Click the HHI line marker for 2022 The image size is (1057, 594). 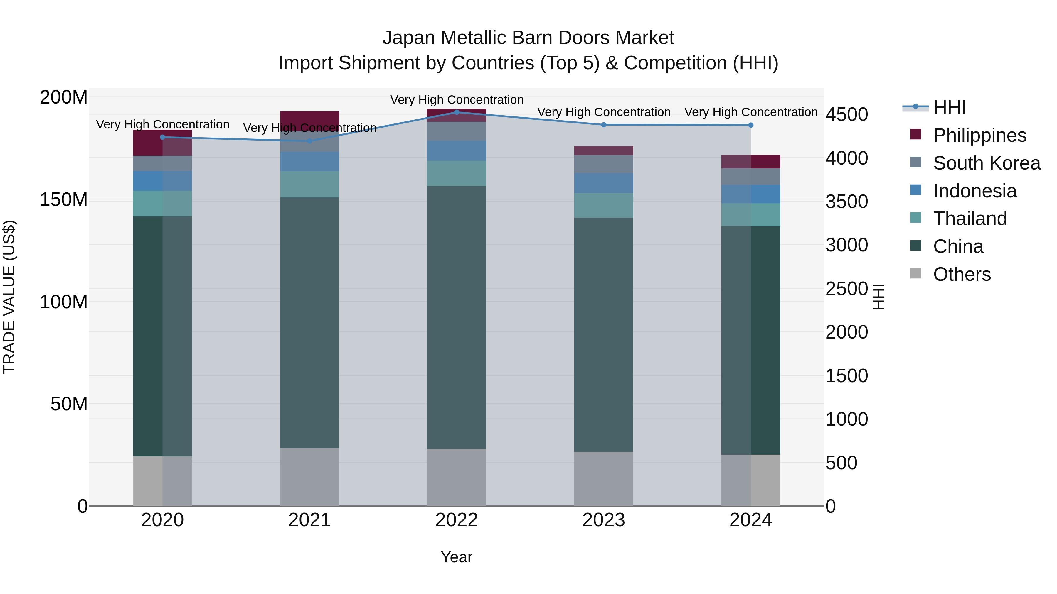[x=457, y=112]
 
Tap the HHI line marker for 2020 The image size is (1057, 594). [x=162, y=137]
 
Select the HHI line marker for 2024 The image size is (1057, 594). [x=751, y=125]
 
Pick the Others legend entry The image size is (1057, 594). [x=961, y=274]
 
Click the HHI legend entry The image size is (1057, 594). [x=949, y=107]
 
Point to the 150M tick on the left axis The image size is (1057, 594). [x=64, y=200]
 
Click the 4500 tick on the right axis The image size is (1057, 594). [x=846, y=114]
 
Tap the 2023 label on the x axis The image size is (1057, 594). [x=604, y=520]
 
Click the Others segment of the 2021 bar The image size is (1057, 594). [x=309, y=477]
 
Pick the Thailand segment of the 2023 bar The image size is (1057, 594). [x=604, y=205]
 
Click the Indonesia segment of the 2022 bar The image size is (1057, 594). [x=457, y=150]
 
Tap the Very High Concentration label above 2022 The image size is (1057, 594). [x=457, y=100]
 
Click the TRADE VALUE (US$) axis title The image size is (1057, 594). [x=9, y=297]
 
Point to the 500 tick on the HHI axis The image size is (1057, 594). [x=841, y=463]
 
